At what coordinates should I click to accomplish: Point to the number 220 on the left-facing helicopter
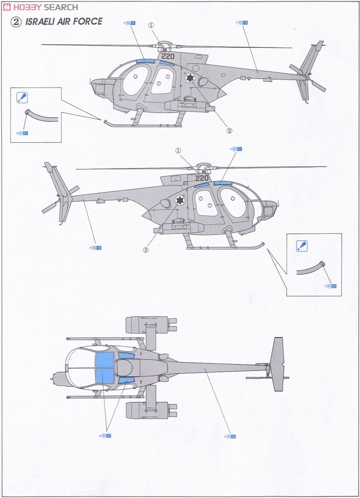click(168, 56)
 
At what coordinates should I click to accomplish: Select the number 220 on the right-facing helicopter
click(202, 178)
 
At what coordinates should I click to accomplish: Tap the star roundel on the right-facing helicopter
click(179, 202)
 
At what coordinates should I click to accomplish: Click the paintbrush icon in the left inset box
click(23, 98)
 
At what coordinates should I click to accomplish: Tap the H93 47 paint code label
click(22, 134)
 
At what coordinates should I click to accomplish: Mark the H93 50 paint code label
click(331, 286)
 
